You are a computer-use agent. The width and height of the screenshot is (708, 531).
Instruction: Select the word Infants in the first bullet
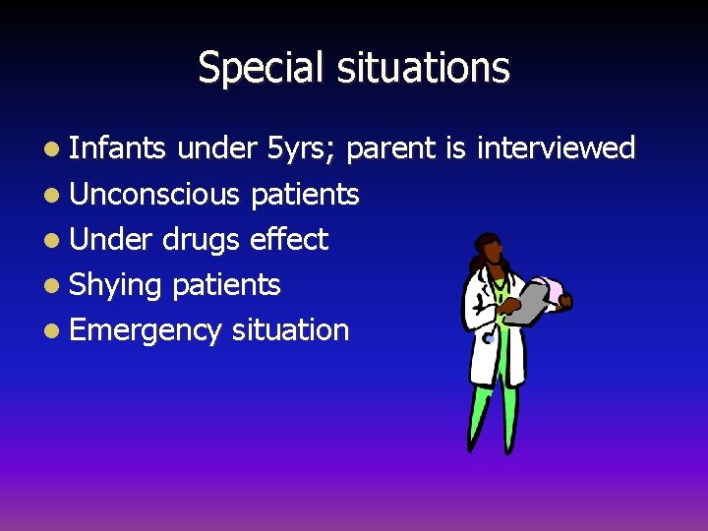118,148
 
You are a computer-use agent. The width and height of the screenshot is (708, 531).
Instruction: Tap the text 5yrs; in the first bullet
302,148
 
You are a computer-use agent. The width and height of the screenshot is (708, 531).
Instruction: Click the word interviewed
556,148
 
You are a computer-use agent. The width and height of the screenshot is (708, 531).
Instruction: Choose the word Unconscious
154,195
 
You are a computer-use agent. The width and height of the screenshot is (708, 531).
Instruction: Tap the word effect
289,239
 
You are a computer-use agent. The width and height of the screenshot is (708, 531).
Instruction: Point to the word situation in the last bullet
290,330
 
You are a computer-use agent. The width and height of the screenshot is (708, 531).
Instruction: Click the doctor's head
490,258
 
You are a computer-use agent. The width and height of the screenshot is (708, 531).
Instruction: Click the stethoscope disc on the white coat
488,338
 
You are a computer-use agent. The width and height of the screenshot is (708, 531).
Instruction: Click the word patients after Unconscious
305,195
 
